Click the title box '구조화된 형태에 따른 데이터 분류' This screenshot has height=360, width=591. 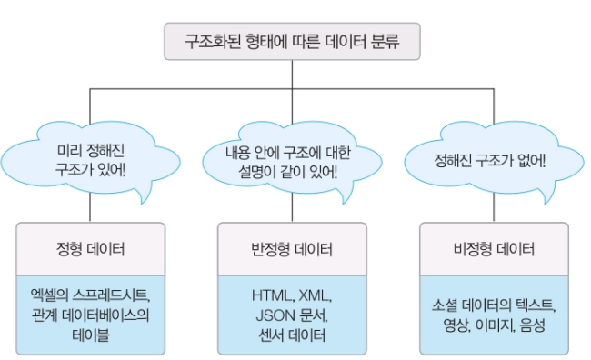pos(292,41)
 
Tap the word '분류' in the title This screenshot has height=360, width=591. pos(385,41)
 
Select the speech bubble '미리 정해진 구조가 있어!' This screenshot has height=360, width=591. pos(90,161)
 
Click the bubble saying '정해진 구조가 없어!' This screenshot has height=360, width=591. pos(494,161)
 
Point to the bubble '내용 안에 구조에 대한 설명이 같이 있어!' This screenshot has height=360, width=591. pos(292,161)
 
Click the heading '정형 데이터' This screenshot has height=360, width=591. pos(90,249)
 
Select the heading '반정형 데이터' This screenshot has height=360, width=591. pos(292,249)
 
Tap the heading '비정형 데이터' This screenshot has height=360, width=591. pos(494,249)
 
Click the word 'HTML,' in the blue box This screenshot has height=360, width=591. pos(274,295)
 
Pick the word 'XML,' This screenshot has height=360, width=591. pos(316,295)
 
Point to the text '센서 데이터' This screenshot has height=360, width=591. pos(292,335)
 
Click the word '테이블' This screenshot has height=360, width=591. pos(90,335)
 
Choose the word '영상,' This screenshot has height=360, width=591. pos(457,325)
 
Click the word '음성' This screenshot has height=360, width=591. pos(532,325)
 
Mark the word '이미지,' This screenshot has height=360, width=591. pos(496,325)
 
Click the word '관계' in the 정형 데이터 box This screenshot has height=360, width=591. pos(45,315)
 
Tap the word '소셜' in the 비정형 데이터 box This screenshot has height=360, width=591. pos(445,305)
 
